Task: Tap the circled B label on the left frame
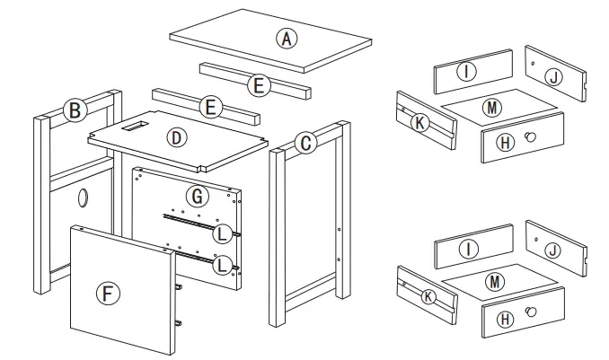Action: (75, 110)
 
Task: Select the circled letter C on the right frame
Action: (306, 143)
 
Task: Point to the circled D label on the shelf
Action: (176, 138)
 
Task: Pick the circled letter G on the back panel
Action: (194, 195)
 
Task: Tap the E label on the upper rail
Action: (258, 85)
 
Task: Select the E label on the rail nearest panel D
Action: (209, 108)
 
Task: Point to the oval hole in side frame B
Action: (84, 197)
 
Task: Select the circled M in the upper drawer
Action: (491, 108)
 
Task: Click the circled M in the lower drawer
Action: (491, 282)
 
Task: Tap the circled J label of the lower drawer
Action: (554, 250)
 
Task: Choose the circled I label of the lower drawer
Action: (465, 247)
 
